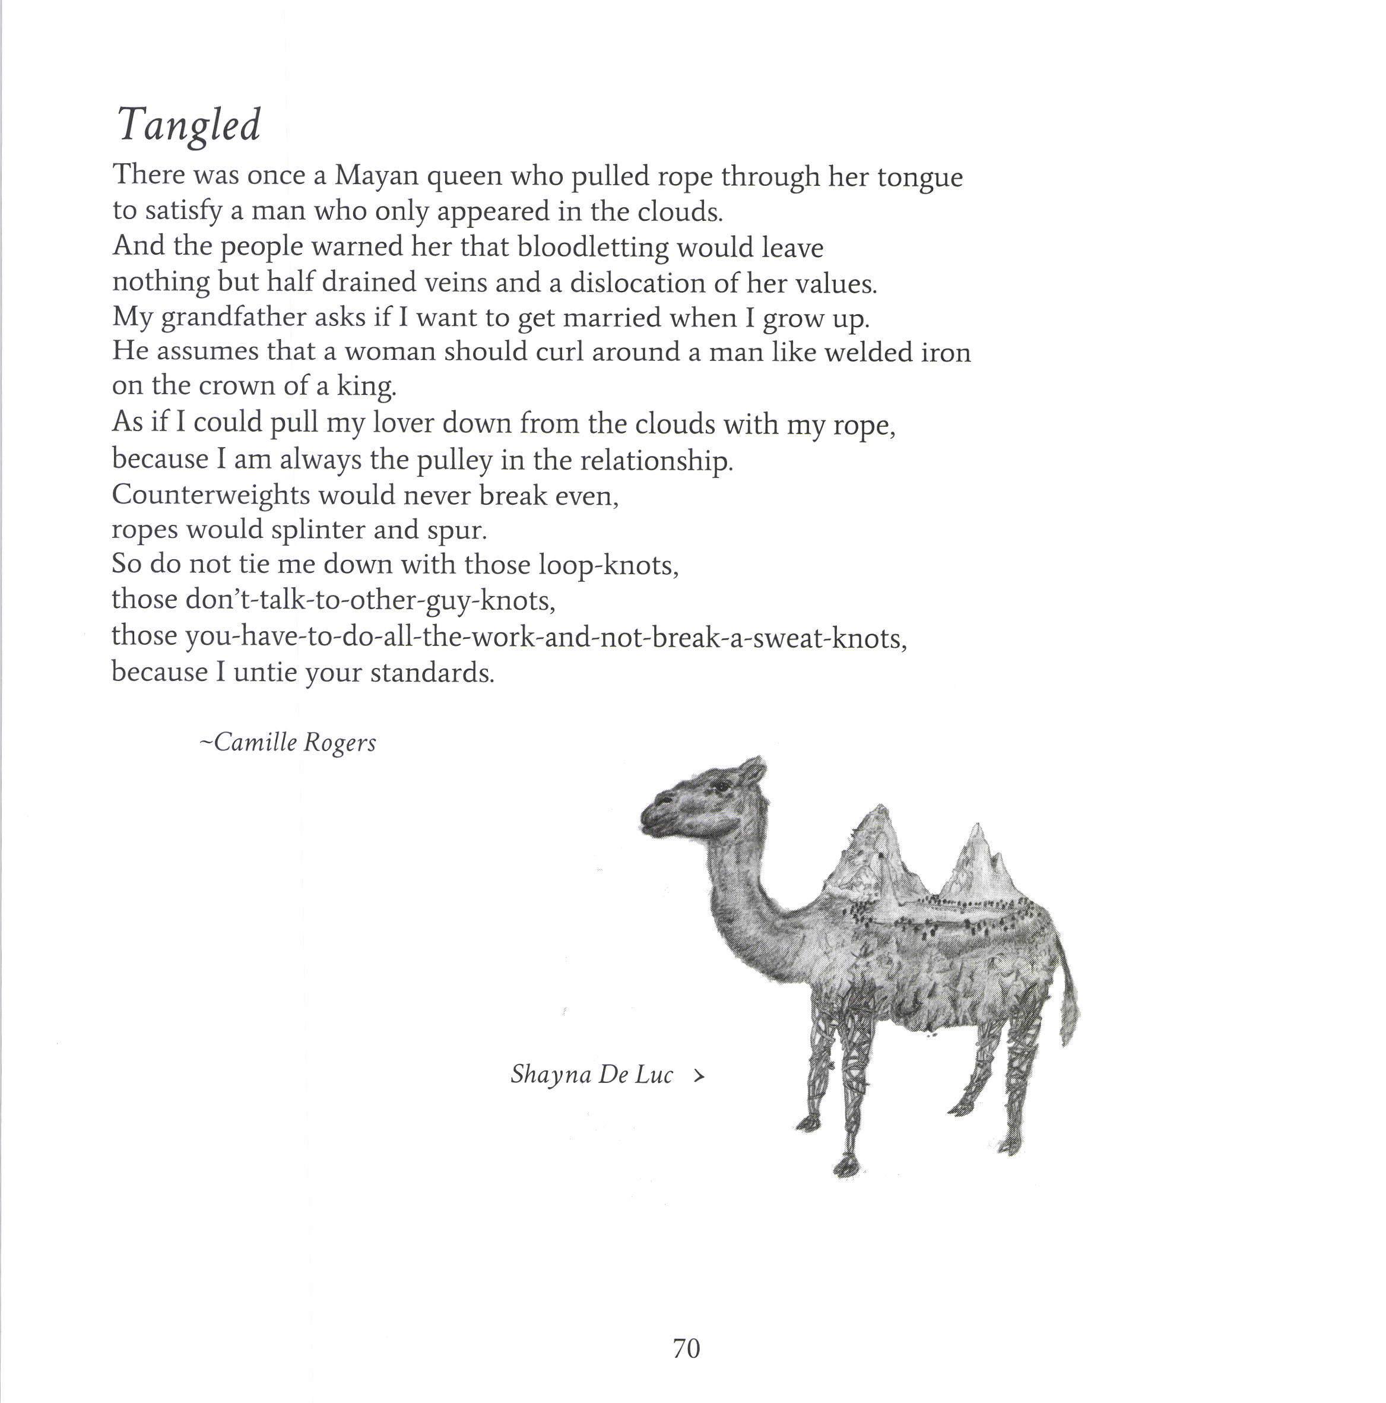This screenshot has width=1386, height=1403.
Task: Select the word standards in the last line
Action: [432, 673]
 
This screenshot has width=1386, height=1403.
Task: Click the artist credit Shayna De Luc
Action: [592, 1075]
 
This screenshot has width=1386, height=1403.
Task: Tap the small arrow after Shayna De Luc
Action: [699, 1076]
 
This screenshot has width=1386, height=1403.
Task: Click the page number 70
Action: [686, 1328]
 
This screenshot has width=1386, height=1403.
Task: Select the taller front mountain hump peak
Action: [880, 813]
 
